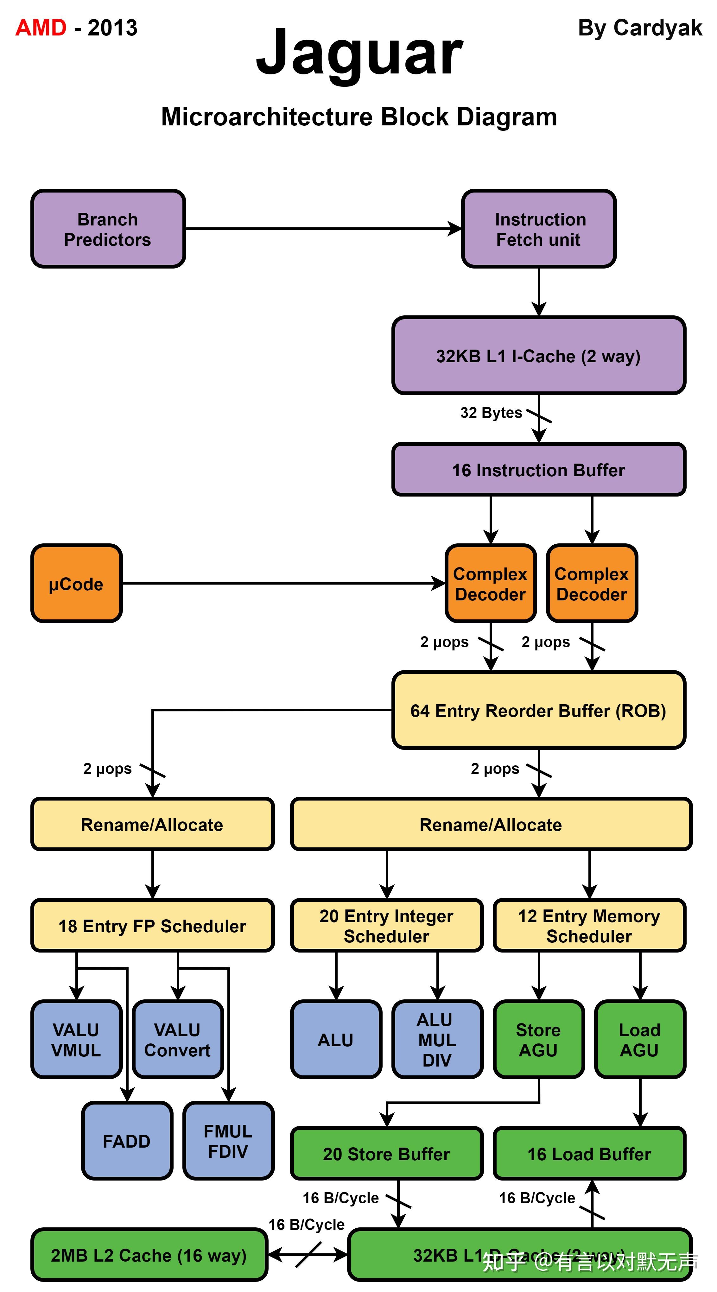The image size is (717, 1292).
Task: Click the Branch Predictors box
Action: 108,229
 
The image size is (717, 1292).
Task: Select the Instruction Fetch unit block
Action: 538,229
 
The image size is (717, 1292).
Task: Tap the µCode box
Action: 76,583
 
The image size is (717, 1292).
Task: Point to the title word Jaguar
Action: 359,53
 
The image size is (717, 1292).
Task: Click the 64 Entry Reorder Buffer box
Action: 538,710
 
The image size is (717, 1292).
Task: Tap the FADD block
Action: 127,1141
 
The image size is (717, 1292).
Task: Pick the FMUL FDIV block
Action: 228,1141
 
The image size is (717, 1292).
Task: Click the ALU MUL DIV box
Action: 437,1040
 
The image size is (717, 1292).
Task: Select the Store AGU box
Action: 538,1040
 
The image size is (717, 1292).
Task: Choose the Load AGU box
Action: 640,1040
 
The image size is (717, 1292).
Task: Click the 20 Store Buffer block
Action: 386,1154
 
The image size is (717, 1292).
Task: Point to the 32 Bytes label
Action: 491,412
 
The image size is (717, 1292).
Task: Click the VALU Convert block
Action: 178,1040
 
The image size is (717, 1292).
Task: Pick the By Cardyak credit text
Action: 640,28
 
